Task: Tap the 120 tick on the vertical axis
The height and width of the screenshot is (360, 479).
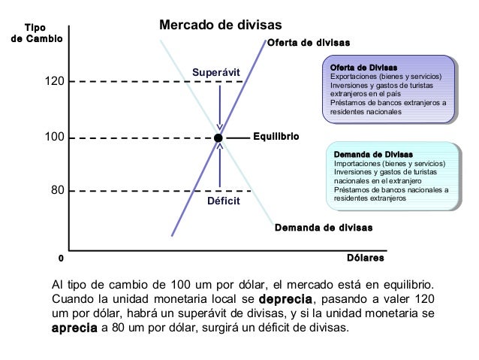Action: click(53, 81)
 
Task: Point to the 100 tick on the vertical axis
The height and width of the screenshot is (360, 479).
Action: click(53, 138)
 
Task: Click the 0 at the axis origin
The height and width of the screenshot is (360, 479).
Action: click(61, 258)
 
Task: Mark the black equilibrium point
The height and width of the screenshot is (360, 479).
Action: click(218, 138)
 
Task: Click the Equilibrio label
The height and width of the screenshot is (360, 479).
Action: click(276, 138)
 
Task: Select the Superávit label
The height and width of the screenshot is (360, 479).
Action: click(215, 72)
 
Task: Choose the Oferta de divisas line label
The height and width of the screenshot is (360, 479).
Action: click(309, 42)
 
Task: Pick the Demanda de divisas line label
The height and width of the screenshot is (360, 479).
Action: click(324, 227)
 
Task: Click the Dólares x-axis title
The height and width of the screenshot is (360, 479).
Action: click(366, 258)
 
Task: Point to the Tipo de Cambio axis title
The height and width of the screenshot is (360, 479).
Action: click(35, 34)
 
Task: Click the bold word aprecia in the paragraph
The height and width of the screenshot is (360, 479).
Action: click(74, 328)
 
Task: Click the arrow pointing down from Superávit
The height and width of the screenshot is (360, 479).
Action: click(219, 105)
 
